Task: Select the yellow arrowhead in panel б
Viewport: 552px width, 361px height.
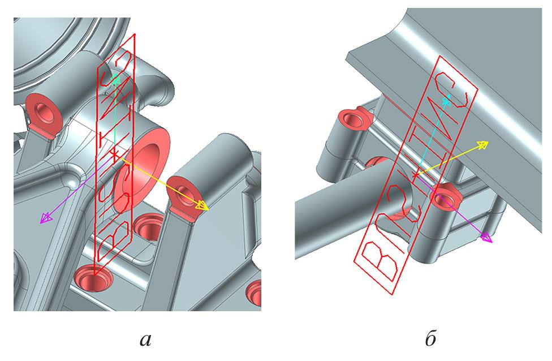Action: click(482, 144)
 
